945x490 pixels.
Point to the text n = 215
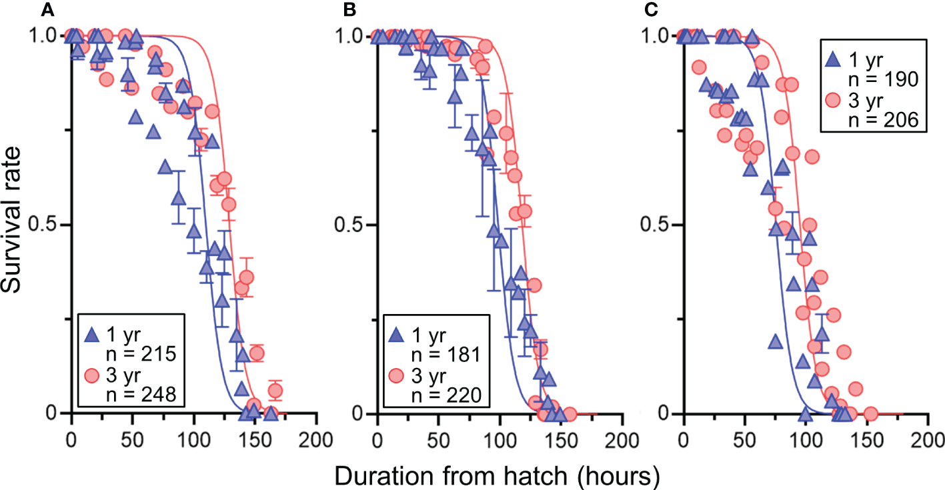pos(141,355)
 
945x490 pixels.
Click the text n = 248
pos(141,395)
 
